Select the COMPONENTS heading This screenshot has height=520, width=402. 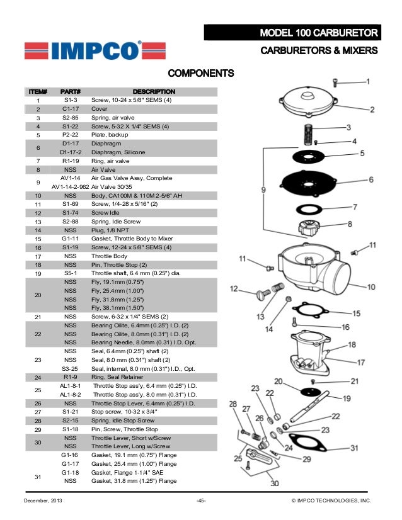pos(200,74)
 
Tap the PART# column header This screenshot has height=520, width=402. pos(70,92)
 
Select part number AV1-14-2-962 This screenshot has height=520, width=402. pos(70,187)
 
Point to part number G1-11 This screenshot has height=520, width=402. pos(70,239)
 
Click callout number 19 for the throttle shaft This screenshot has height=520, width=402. pos(347,398)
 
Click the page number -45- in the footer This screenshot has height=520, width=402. pos(201,500)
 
